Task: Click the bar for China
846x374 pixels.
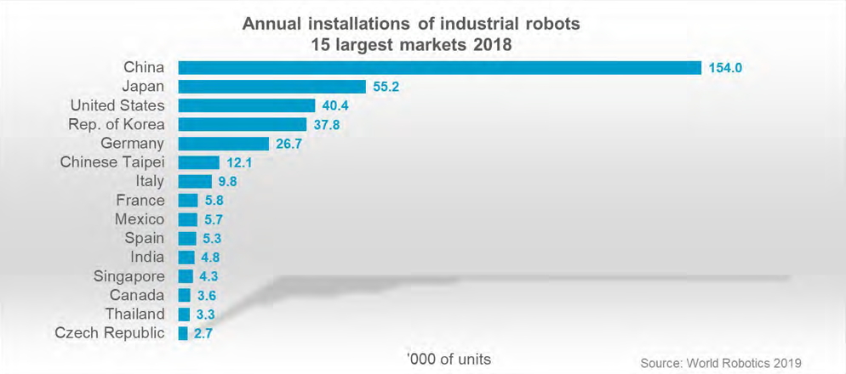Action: pos(439,67)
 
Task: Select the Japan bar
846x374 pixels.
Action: pos(272,87)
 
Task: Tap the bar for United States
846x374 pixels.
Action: pos(247,105)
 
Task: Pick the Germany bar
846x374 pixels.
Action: pos(224,144)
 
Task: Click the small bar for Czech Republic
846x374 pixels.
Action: pos(183,333)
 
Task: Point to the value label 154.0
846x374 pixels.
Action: pos(726,68)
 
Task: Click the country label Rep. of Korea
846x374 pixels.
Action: pos(116,125)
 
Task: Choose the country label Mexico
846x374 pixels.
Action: pos(140,219)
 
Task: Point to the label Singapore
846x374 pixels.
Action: pos(130,276)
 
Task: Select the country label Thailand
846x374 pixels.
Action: pos(134,314)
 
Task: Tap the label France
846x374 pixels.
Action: pos(140,201)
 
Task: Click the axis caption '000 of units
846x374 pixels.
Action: pos(449,358)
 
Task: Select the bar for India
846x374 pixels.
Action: pos(186,258)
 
